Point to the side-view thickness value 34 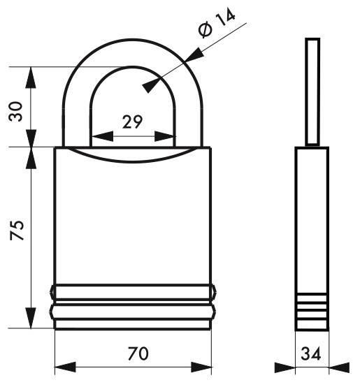(312, 354)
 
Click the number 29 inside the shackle (133, 122)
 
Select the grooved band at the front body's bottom (132, 305)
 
